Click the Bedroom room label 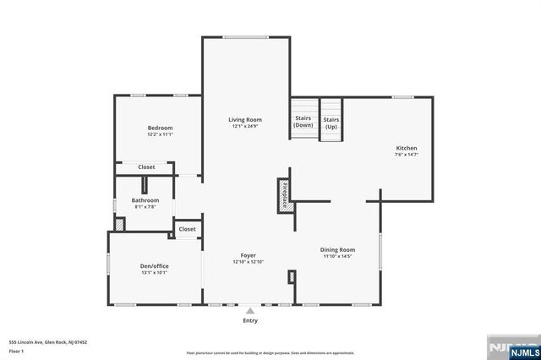tap(160, 128)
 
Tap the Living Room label tap(244, 120)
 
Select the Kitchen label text tap(407, 148)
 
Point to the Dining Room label tap(337, 249)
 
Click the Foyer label tap(248, 255)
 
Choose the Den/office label tap(154, 266)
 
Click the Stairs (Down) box tap(303, 120)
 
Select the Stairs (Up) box tap(331, 123)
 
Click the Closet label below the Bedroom tap(146, 167)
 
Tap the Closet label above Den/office tap(187, 228)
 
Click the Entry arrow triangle tap(250, 311)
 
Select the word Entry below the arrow tap(250, 321)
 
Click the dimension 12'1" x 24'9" tap(244, 127)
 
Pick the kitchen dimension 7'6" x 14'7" tap(407, 155)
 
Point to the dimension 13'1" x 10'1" tap(154, 272)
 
